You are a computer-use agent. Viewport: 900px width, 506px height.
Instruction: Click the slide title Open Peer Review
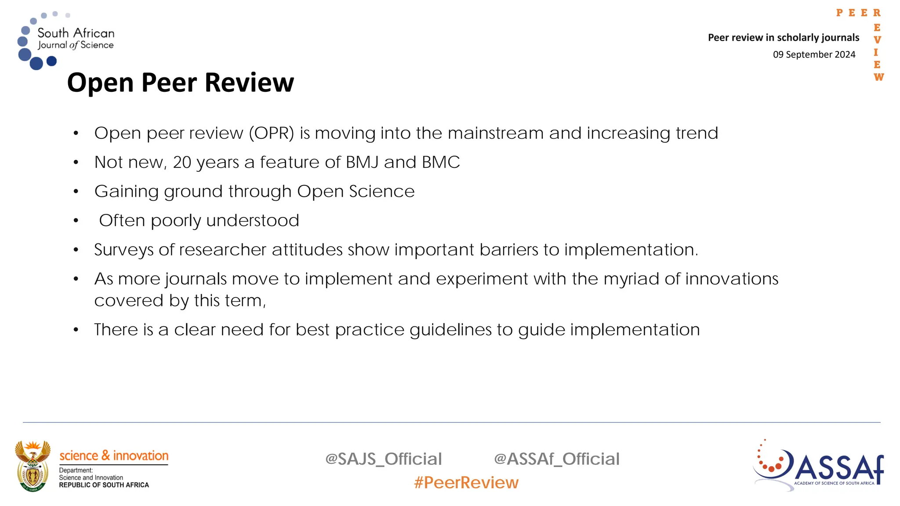(180, 83)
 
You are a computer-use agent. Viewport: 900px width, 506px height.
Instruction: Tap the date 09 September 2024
(814, 54)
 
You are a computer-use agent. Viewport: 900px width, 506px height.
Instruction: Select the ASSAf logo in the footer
(818, 466)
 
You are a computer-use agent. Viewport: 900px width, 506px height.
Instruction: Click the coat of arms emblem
(33, 466)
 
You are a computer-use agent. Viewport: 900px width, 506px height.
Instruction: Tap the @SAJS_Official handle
(383, 459)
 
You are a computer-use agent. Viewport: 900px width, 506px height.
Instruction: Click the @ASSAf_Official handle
(556, 459)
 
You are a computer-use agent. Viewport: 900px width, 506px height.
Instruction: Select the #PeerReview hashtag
(466, 483)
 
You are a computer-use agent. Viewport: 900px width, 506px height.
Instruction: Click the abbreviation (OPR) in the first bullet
(271, 133)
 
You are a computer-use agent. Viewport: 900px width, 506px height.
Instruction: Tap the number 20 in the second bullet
(182, 162)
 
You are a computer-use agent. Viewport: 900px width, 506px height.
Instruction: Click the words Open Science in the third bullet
(356, 192)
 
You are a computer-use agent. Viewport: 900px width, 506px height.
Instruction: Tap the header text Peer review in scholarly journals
(783, 38)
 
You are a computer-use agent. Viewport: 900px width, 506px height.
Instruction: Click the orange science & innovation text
(114, 455)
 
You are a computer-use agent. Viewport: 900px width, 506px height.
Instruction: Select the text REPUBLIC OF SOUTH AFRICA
(104, 485)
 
